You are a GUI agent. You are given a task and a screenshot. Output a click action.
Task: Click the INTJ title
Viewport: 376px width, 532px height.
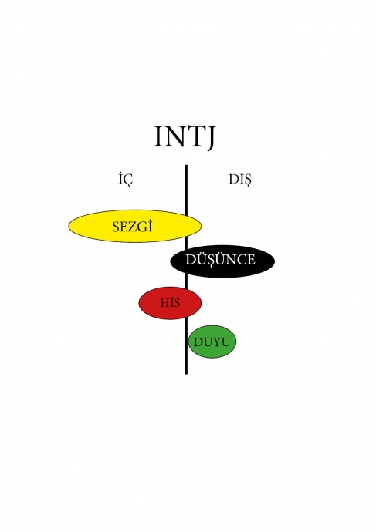tap(185, 137)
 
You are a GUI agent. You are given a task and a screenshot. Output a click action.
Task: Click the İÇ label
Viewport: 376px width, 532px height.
tap(126, 179)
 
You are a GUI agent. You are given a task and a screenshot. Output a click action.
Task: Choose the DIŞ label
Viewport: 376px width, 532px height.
tap(240, 180)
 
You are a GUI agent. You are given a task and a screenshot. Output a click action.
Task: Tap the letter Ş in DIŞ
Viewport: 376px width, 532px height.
tap(247, 180)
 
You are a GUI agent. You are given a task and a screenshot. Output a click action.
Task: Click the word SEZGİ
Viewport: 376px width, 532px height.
tap(133, 227)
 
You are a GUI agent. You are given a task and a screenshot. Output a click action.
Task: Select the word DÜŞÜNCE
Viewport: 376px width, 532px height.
tap(220, 260)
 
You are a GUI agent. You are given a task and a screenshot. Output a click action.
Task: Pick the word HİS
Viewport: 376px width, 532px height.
tap(170, 302)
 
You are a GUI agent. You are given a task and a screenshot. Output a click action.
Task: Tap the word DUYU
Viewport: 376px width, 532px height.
tap(212, 342)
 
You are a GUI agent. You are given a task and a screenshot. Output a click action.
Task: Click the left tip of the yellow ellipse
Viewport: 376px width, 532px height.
tap(69, 226)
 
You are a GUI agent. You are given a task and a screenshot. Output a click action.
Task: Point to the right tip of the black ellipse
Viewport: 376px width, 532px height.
tap(274, 261)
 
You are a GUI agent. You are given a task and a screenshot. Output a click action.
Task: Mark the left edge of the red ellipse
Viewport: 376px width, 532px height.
tap(138, 303)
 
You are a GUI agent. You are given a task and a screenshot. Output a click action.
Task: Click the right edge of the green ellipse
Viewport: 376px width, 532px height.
tap(235, 342)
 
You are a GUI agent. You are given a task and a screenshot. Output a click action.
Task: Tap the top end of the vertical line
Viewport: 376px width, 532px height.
tap(186, 165)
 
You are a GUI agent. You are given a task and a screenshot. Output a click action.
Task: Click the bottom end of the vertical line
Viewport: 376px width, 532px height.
tap(186, 374)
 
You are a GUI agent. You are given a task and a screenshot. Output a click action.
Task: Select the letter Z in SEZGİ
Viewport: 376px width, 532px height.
tap(133, 227)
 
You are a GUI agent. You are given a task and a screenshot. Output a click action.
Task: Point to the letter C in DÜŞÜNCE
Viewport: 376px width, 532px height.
tap(240, 260)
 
